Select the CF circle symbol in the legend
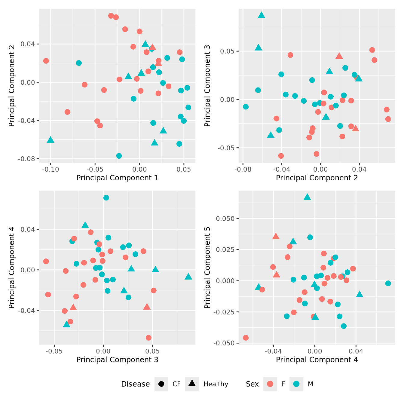(161, 384)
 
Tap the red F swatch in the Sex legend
(270, 384)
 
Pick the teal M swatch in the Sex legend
(296, 384)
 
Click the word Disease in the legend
(135, 384)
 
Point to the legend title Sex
(252, 384)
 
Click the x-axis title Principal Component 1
(117, 178)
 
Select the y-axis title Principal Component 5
(207, 268)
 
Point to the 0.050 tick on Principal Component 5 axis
(226, 219)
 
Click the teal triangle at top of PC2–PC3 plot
(262, 15)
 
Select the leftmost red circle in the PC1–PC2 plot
(46, 61)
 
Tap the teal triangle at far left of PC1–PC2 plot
(50, 140)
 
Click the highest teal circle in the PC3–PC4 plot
(106, 197)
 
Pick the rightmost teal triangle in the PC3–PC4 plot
(188, 277)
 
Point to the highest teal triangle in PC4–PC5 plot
(307, 197)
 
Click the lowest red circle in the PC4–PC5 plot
(246, 338)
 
